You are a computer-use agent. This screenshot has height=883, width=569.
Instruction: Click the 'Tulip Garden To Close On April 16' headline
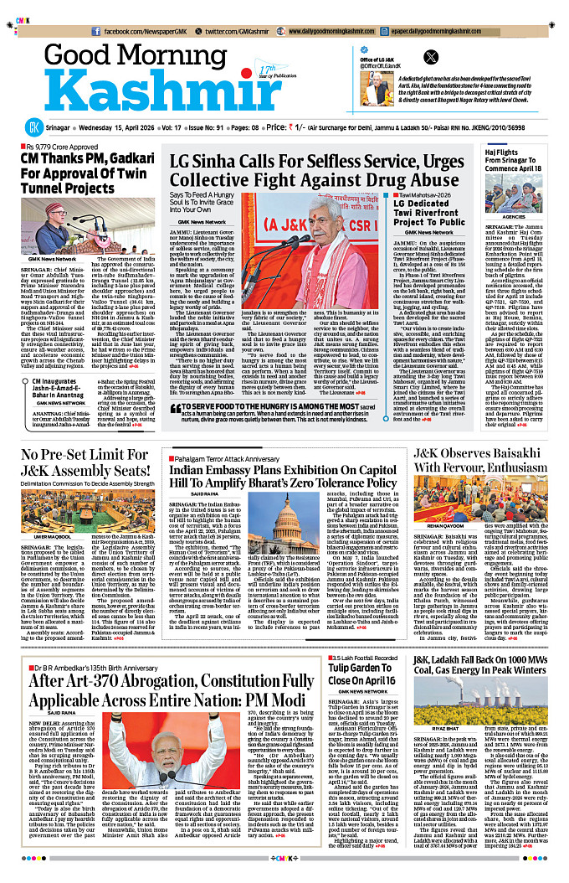(x=361, y=675)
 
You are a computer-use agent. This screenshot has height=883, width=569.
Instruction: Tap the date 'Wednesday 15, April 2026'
(x=122, y=129)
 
